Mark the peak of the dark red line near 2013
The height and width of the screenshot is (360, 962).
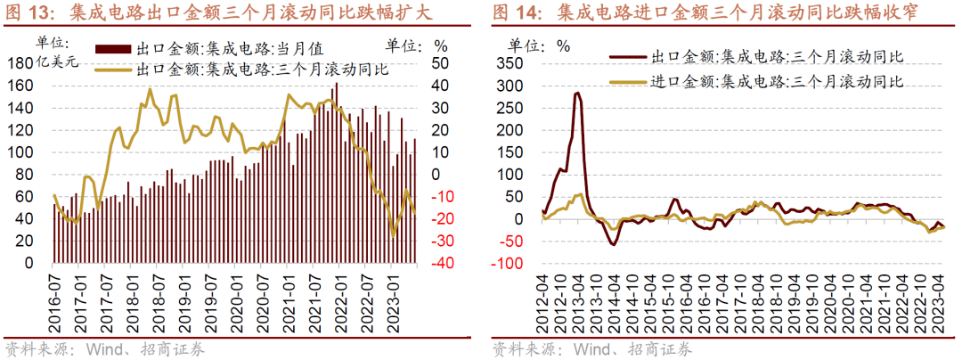pyautogui.click(x=577, y=93)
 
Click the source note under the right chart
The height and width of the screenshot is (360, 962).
pyautogui.click(x=592, y=348)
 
